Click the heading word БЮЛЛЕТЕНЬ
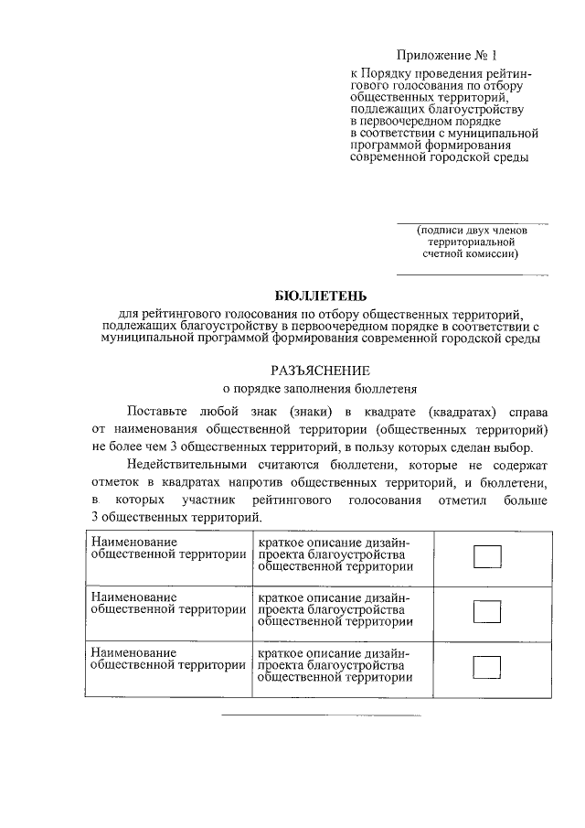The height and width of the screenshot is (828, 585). point(321,296)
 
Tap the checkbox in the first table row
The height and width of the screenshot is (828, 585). point(487,556)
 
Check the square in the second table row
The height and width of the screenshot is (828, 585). point(487,610)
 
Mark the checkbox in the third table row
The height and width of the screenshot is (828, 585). point(487,665)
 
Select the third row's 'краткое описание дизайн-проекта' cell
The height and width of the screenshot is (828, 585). point(335,665)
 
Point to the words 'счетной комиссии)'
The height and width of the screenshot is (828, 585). point(471,255)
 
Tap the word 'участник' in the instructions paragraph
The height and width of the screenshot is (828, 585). point(212,500)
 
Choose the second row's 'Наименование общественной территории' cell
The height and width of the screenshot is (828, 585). point(168,604)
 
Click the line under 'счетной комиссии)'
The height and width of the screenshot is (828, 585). point(472,274)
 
